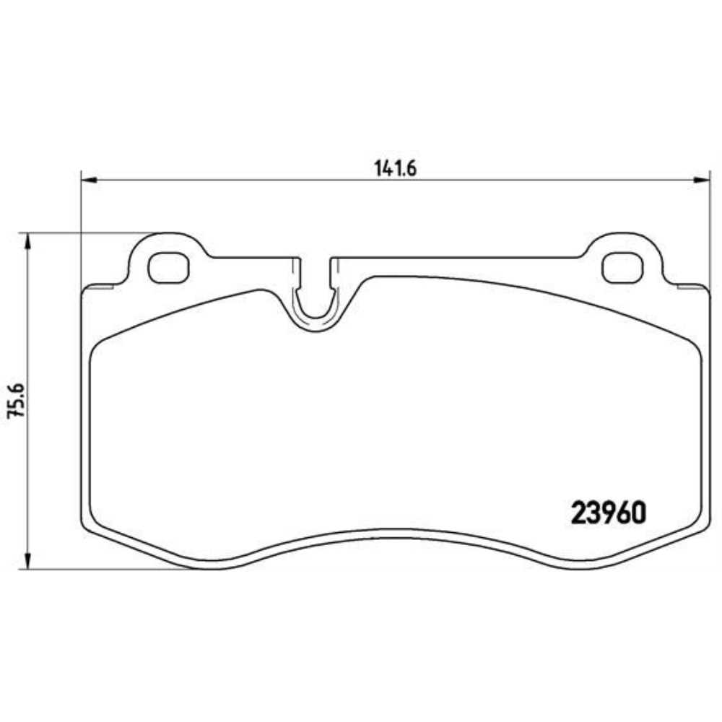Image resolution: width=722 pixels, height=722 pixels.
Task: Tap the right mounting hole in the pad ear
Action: pos(622,269)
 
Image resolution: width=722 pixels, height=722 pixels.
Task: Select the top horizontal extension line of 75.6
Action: pos(87,233)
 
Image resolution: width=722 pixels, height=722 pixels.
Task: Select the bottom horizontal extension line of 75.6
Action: pos(101,569)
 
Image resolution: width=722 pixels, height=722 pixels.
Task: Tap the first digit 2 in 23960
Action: pos(579,513)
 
